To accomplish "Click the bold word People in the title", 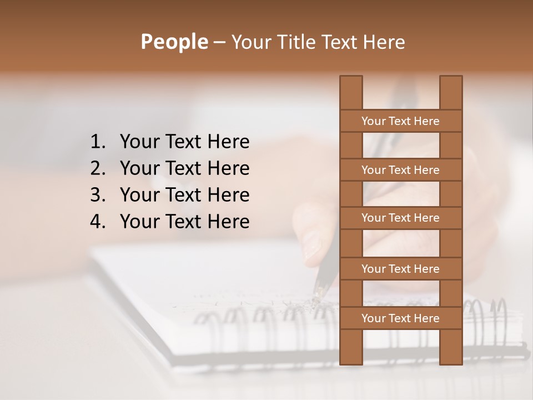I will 174,42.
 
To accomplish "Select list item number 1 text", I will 184,142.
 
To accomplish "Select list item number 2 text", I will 184,168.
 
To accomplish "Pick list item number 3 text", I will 184,195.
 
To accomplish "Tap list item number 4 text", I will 184,222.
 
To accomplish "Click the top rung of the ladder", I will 400,121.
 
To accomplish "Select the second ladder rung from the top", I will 400,170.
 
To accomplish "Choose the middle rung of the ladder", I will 400,218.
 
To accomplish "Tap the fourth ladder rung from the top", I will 400,269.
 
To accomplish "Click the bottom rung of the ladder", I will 400,318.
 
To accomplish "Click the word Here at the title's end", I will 382,42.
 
